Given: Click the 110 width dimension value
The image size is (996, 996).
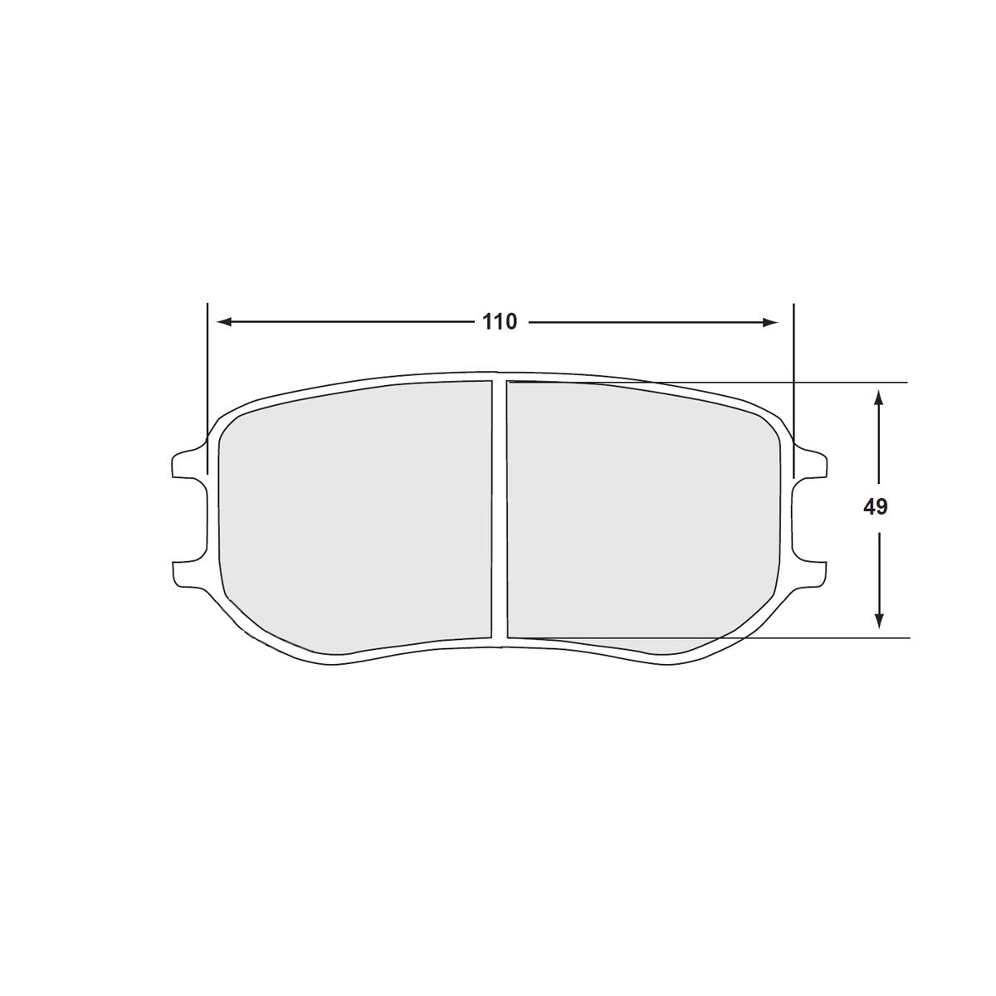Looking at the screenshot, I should (x=500, y=322).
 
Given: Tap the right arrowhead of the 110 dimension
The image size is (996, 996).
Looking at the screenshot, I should (x=772, y=322).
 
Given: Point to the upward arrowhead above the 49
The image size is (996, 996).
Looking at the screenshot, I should (x=878, y=398).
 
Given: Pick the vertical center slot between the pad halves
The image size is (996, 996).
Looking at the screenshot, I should (x=499, y=510).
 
